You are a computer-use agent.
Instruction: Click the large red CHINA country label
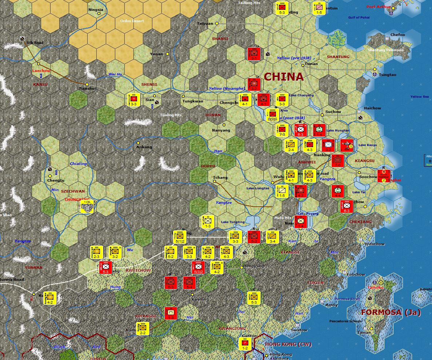[x=284, y=77]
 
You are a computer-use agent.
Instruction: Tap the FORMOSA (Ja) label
[x=391, y=312]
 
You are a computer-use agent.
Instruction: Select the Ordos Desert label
[x=132, y=21]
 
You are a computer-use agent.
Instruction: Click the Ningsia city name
[x=96, y=10]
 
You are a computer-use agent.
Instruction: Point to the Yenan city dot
[x=168, y=54]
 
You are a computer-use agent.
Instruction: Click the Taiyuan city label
[x=205, y=24]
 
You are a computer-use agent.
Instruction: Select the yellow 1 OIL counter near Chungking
[x=87, y=206]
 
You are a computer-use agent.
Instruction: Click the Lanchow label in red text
[x=41, y=71]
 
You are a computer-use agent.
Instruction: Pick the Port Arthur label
[x=378, y=7]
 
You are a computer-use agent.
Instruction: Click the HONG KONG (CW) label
[x=288, y=344]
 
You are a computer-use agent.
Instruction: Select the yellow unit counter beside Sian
[x=134, y=100]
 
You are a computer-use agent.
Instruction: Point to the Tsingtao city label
[x=387, y=75]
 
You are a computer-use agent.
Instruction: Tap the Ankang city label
[x=144, y=147]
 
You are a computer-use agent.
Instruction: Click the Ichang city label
[x=220, y=178]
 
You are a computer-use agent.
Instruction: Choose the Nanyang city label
[x=221, y=130]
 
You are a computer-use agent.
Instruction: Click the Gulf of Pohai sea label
[x=359, y=17]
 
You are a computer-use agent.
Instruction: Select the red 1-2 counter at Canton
[x=245, y=344]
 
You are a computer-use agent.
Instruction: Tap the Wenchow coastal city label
[x=374, y=244]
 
